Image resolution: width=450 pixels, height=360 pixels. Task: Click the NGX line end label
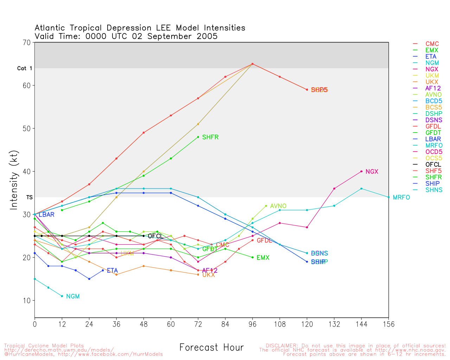tap(372, 172)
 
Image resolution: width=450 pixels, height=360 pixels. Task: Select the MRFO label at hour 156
tap(401, 198)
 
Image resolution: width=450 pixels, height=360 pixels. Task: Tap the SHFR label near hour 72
tap(210, 137)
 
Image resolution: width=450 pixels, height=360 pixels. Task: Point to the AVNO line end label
tap(278, 206)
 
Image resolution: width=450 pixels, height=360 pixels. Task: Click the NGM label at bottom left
tap(73, 296)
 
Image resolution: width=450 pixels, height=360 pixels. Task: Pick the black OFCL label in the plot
tap(155, 236)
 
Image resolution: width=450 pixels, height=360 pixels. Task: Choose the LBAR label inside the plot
tap(46, 214)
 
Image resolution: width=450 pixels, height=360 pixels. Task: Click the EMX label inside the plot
tap(263, 258)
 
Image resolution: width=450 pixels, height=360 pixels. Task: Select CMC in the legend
tap(432, 44)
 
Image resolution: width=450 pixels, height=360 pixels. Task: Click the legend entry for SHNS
tap(434, 190)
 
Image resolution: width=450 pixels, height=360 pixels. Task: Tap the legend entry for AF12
tap(433, 88)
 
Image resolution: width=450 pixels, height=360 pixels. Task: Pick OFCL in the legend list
tap(433, 165)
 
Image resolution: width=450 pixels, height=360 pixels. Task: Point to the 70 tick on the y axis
tap(27, 43)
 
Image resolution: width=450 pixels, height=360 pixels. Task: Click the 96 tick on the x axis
tap(252, 324)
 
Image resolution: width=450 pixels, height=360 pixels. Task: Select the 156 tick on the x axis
tap(388, 324)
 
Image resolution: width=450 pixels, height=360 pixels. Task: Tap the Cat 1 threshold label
tap(25, 68)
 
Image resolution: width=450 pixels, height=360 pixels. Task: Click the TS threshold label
tap(29, 198)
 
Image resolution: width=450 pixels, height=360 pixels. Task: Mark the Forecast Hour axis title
tap(211, 347)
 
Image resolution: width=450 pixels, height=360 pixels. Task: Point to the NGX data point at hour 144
tap(361, 172)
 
